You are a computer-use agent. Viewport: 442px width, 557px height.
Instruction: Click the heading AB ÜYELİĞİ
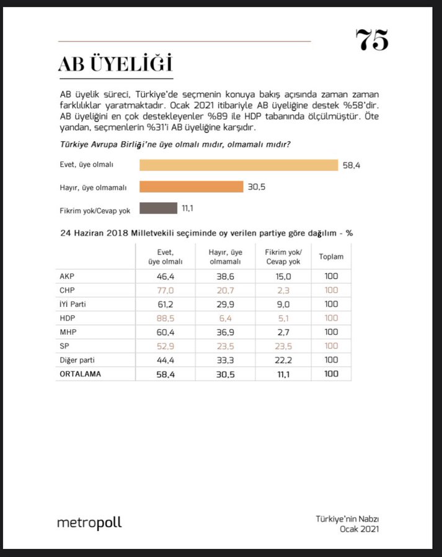click(115, 64)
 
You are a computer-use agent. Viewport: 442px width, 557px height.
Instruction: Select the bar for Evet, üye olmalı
click(238, 165)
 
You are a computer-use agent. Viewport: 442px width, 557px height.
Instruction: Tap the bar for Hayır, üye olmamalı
click(191, 187)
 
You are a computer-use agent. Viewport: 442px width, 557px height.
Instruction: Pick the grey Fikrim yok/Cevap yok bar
click(158, 209)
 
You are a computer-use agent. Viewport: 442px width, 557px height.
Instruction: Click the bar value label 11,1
click(188, 209)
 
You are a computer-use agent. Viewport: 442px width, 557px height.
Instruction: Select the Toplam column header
click(331, 256)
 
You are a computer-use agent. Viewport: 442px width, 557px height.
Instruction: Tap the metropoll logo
click(89, 523)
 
